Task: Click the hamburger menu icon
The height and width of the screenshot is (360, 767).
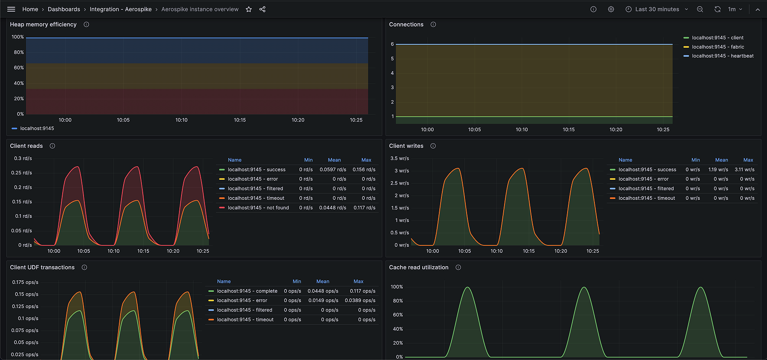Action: [11, 9]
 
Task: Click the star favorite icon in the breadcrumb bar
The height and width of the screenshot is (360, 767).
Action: [249, 9]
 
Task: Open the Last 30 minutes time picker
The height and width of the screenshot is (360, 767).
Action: [657, 9]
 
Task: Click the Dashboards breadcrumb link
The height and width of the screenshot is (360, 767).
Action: [64, 9]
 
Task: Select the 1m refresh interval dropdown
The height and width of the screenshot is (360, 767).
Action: [735, 9]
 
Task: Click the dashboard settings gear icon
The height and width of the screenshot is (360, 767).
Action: [611, 9]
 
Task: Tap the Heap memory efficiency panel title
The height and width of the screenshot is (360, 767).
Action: [43, 24]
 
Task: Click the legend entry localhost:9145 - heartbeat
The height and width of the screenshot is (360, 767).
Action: [723, 56]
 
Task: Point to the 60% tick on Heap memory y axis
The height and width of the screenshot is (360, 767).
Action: [19, 68]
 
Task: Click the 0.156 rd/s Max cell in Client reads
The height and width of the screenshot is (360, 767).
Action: [364, 170]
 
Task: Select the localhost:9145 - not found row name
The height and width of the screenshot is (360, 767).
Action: [258, 208]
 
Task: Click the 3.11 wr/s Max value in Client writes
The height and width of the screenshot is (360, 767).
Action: [744, 170]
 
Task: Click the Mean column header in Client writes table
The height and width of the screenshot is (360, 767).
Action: [721, 160]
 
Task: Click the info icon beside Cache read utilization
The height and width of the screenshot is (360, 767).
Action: [458, 267]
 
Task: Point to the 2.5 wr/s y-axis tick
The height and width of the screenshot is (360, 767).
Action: [400, 183]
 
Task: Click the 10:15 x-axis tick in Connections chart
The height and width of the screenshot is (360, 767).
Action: [568, 130]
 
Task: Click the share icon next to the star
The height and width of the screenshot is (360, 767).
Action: [262, 9]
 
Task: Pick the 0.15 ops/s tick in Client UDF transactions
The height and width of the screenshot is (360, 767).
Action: [26, 294]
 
